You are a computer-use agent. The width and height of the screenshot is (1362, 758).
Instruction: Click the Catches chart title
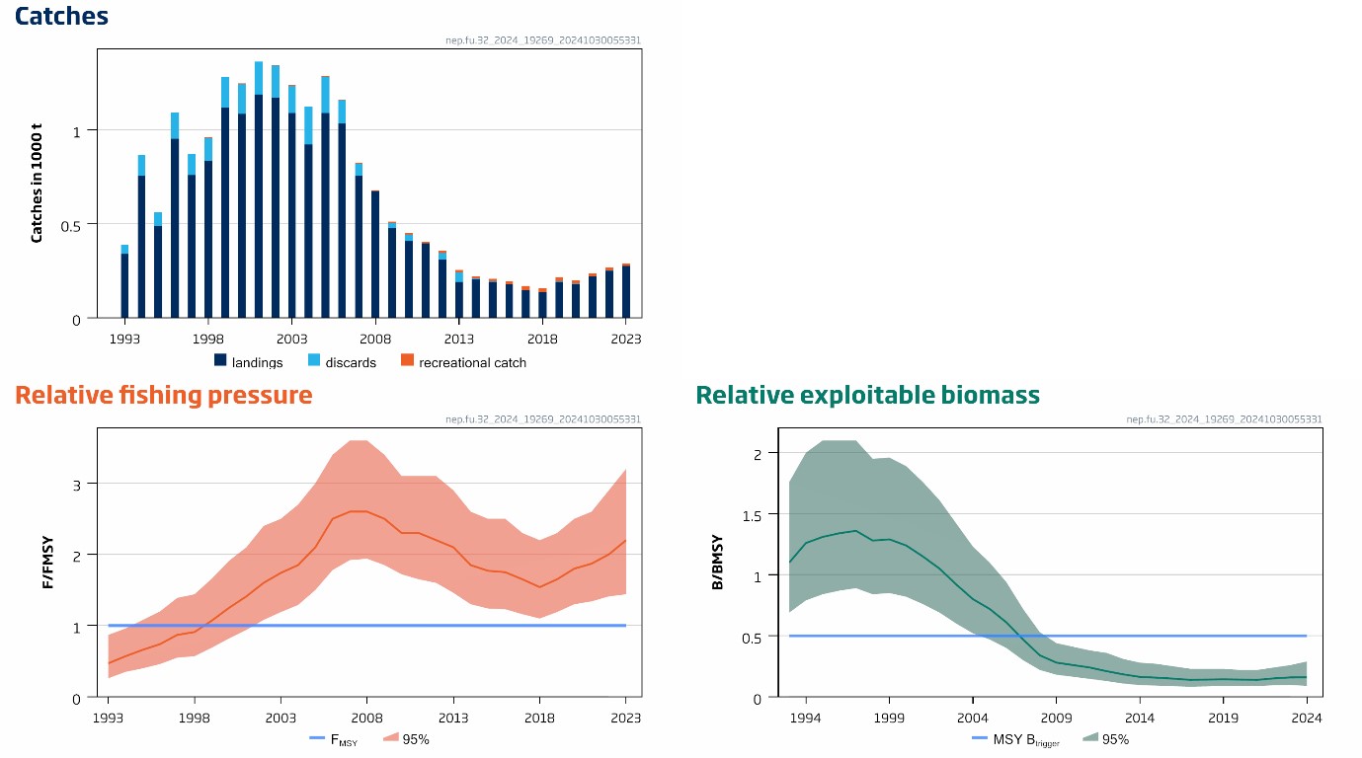tap(61, 17)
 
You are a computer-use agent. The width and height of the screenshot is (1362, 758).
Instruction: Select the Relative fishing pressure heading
tap(164, 396)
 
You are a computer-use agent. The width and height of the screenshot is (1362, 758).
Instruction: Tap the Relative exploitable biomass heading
tap(867, 396)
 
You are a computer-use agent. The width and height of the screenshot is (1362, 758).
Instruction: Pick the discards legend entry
tap(342, 362)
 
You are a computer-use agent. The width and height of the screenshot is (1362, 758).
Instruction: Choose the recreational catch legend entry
tap(463, 362)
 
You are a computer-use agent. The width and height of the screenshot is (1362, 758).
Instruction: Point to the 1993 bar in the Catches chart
tap(124, 286)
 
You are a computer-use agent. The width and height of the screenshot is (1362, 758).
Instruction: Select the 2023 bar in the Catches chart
tap(626, 292)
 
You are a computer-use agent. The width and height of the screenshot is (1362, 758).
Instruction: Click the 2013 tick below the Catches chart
tap(458, 338)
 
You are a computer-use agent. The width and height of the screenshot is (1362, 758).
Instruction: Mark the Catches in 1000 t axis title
tap(37, 183)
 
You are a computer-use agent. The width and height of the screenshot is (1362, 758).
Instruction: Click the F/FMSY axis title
tap(47, 563)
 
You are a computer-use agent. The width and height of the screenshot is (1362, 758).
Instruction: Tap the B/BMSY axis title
tap(718, 563)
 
